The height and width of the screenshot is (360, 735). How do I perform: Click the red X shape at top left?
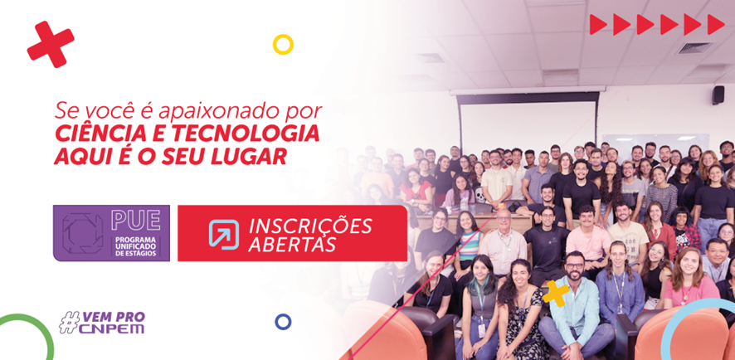(51, 45)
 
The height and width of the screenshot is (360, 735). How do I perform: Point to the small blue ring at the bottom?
(283, 322)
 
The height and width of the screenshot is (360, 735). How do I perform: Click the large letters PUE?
(136, 220)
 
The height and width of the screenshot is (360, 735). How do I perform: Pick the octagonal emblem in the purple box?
(83, 233)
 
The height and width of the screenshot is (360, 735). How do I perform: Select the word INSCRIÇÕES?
(310, 226)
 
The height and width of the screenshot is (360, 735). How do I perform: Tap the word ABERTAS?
(292, 244)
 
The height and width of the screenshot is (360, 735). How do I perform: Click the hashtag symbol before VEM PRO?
(69, 323)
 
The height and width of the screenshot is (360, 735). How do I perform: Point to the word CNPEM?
(111, 328)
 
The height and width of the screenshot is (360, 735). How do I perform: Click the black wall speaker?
(718, 95)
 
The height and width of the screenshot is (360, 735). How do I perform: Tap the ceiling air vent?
(695, 48)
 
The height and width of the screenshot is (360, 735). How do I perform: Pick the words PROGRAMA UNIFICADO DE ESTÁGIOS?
(136, 246)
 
